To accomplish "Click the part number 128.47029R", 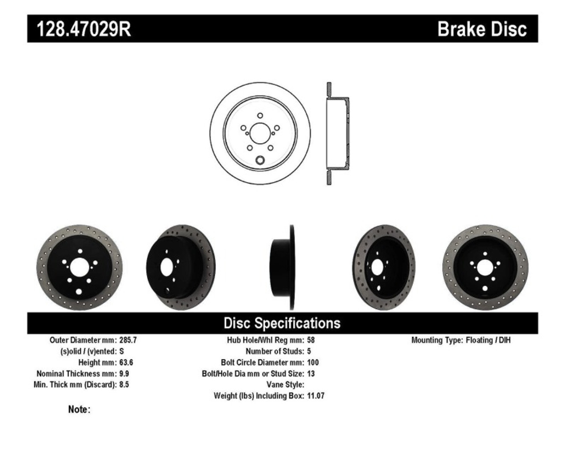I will coord(83,29).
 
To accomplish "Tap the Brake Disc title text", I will coord(482,29).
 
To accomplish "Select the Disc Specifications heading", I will coord(282,323).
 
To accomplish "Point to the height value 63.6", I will coord(126,362).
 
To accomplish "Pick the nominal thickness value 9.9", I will coord(124,373).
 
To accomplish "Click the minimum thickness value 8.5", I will coord(124,384).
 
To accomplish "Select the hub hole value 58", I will coord(311,340).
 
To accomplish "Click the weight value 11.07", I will coord(316,396).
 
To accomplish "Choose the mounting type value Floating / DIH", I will coord(488,340).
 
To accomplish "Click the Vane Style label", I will coord(285,384).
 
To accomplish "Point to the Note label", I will coord(79,410).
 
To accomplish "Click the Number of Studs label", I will coord(275,351).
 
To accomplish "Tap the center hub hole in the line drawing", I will coord(260,132).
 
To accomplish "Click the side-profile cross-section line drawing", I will coord(337,133).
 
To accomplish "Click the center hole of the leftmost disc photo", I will coord(79,268).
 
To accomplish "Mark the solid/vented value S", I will coord(121,351).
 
